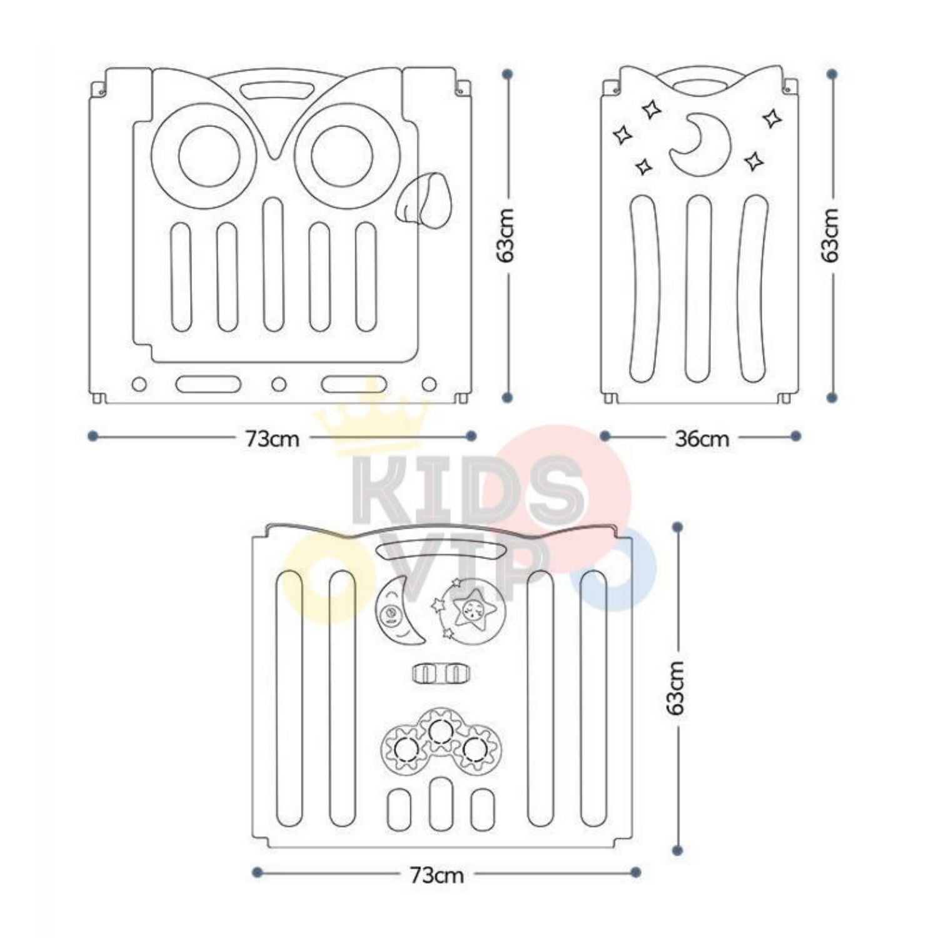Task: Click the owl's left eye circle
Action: pyautogui.click(x=209, y=156)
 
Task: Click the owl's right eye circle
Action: pyautogui.click(x=341, y=156)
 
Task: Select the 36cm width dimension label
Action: pyautogui.click(x=702, y=439)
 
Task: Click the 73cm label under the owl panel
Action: pyautogui.click(x=271, y=439)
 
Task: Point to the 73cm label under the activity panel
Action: pyautogui.click(x=437, y=875)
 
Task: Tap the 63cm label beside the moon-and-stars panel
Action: pyautogui.click(x=830, y=235)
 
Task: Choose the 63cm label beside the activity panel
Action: pyautogui.click(x=676, y=688)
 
